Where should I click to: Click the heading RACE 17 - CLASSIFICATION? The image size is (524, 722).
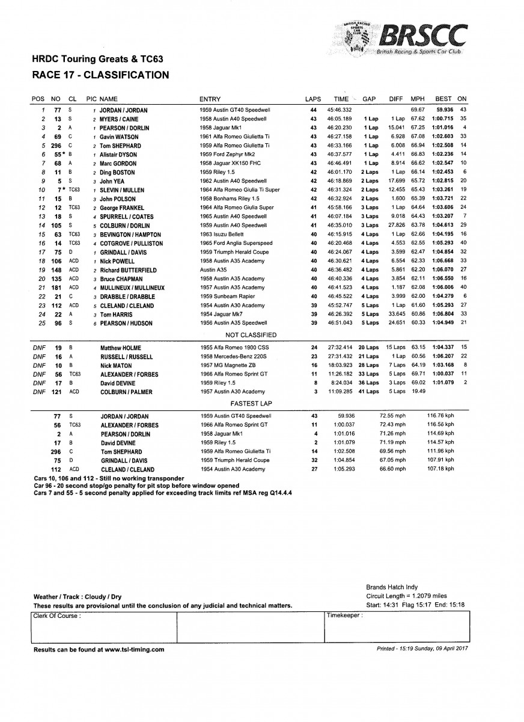tap(100, 75)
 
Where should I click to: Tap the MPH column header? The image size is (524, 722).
tap(417, 99)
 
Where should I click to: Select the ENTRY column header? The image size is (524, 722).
tap(210, 99)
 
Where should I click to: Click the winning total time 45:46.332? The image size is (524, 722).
tap(339, 111)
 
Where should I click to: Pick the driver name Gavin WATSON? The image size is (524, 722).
tap(120, 137)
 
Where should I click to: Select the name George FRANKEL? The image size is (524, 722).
tap(124, 207)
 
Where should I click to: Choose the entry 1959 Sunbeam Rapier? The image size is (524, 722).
tap(227, 297)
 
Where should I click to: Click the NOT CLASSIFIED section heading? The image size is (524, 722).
tap(251, 335)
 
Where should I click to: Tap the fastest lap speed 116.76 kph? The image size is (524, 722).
tap(439, 416)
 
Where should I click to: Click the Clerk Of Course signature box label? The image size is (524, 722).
tap(57, 616)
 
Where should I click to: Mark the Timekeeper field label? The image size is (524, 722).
tap(344, 616)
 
